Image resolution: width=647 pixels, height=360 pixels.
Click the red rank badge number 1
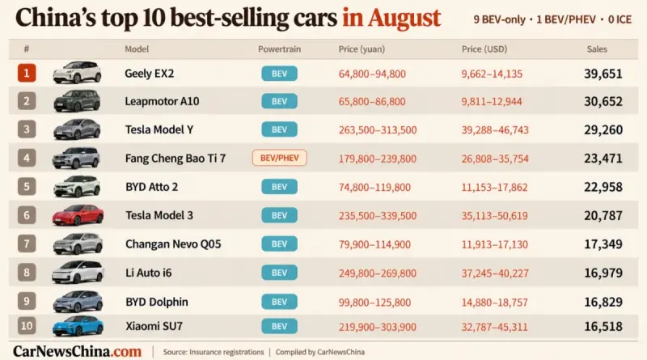27,73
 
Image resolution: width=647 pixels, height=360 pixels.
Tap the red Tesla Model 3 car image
78,215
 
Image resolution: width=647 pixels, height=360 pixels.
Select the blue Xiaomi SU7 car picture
78,326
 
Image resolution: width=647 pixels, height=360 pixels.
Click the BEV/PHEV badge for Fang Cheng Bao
279,158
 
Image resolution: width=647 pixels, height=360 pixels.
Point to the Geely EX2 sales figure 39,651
603,74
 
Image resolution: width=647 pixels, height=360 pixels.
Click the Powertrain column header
279,49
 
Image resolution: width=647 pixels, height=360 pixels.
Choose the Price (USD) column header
484,49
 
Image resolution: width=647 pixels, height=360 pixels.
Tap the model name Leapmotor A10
163,101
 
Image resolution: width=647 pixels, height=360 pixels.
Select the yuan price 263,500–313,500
378,130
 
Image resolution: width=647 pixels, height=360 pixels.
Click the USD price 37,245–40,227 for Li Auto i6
495,273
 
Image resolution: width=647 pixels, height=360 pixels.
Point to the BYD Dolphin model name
157,302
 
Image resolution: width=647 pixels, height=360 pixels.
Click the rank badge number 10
27,326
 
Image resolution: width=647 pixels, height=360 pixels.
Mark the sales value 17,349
603,244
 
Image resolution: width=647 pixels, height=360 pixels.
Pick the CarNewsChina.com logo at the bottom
77,351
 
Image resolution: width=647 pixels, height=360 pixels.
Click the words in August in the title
391,18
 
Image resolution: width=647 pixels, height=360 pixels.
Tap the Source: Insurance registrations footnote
214,352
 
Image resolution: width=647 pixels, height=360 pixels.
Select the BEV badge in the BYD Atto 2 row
279,187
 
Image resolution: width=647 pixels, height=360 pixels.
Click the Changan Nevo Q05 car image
78,244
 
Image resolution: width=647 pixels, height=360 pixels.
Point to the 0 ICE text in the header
620,19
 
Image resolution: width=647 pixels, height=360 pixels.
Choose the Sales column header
597,49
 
